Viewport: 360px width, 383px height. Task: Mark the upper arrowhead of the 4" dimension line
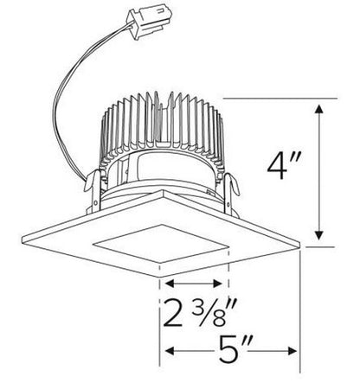(x=320, y=109)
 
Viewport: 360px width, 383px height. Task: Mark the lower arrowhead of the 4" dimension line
(x=320, y=241)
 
